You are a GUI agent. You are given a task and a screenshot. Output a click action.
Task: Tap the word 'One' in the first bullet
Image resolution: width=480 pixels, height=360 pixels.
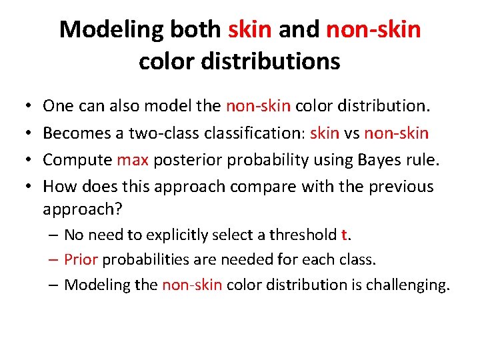tap(58, 106)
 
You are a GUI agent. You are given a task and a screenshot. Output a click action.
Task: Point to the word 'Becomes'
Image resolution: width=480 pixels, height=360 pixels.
tap(77, 133)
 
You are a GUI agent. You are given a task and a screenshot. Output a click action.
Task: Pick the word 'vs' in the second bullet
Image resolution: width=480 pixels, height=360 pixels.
tap(353, 133)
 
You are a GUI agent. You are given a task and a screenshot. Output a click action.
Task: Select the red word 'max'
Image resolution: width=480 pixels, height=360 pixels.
tap(131, 160)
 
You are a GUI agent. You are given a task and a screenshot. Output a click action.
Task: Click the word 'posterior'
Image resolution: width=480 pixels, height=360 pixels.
tap(183, 161)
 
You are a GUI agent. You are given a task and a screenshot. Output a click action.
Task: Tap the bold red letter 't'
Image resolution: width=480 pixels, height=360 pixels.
tap(343, 235)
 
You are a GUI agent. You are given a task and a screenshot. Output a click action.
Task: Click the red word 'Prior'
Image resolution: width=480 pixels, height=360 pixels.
tap(81, 259)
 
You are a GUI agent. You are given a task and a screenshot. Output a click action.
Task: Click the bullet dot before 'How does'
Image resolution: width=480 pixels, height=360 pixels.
tap(24, 187)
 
